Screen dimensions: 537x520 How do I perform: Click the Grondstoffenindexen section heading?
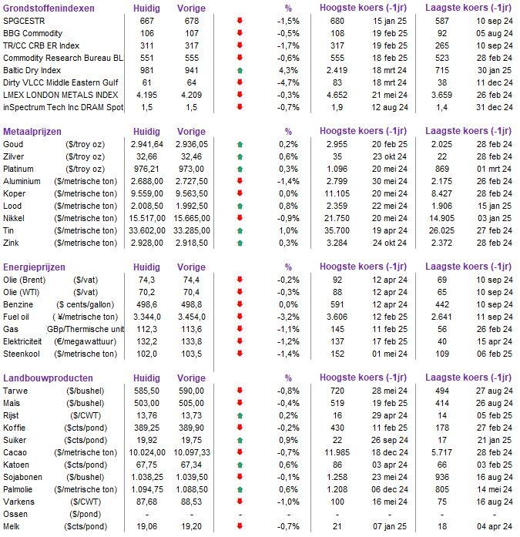49,8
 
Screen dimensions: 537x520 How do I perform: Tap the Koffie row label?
16,427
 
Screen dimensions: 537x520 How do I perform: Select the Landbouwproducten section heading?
49,378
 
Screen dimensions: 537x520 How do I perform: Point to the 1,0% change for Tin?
289,230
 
